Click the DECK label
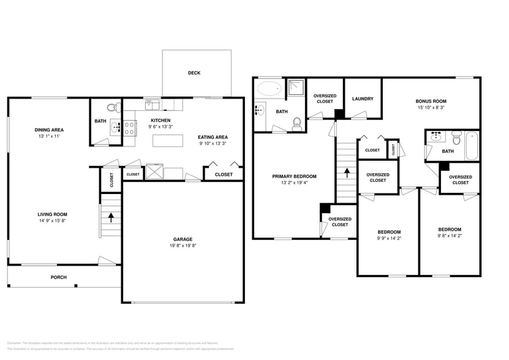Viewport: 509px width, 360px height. point(194,73)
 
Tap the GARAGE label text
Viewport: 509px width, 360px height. point(183,239)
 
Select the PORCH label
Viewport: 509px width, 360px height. point(58,277)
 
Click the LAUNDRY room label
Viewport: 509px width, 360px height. point(363,99)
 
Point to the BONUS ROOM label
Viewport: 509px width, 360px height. point(431,101)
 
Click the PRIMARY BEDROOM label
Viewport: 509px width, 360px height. point(294,176)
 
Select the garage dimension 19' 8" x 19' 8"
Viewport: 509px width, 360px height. point(183,246)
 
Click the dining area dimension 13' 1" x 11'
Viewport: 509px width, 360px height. point(49,137)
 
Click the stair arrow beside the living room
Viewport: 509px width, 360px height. point(111,216)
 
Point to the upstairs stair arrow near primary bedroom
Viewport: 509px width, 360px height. point(346,173)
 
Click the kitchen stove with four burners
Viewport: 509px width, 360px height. point(130,128)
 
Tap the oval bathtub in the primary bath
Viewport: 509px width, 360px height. point(269,89)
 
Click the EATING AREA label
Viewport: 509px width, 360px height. point(213,137)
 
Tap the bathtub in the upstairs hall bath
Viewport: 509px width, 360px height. point(472,144)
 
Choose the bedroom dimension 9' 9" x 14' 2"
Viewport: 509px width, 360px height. point(389,239)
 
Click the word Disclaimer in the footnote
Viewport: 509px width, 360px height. point(13,343)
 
